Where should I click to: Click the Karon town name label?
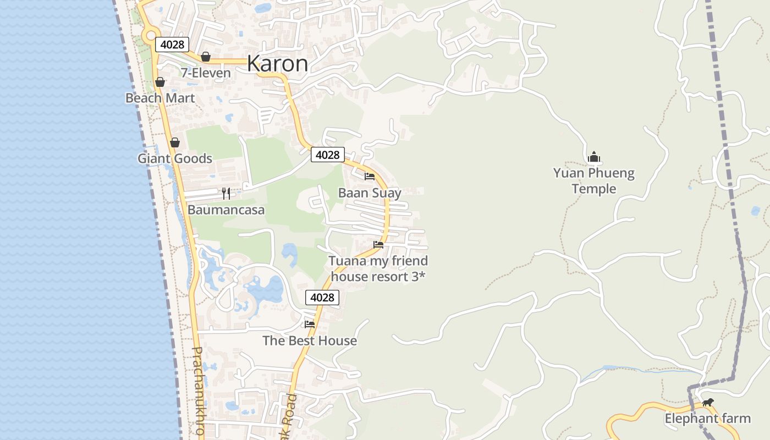pyautogui.click(x=278, y=64)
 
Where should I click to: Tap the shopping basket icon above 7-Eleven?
pyautogui.click(x=206, y=57)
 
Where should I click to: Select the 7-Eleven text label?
pyautogui.click(x=206, y=73)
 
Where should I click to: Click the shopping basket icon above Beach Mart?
pyautogui.click(x=160, y=82)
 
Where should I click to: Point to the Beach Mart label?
pyautogui.click(x=160, y=98)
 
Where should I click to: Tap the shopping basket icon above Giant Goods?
pyautogui.click(x=175, y=143)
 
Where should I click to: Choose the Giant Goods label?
pyautogui.click(x=175, y=158)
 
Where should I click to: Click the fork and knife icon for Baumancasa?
pyautogui.click(x=226, y=194)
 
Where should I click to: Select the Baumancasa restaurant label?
pyautogui.click(x=226, y=210)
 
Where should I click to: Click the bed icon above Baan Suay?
pyautogui.click(x=370, y=177)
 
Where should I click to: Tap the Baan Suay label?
pyautogui.click(x=370, y=193)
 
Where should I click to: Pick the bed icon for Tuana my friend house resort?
pyautogui.click(x=378, y=245)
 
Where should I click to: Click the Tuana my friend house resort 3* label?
pyautogui.click(x=378, y=268)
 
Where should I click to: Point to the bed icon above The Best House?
pyautogui.click(x=310, y=324)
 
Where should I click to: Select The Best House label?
pyautogui.click(x=310, y=340)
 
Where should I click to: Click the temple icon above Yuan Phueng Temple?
pyautogui.click(x=593, y=157)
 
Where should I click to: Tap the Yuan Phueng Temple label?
pyautogui.click(x=593, y=181)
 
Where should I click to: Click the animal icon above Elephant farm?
pyautogui.click(x=708, y=403)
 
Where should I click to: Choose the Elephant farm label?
pyautogui.click(x=707, y=419)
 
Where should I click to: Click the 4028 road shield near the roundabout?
pyautogui.click(x=172, y=45)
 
